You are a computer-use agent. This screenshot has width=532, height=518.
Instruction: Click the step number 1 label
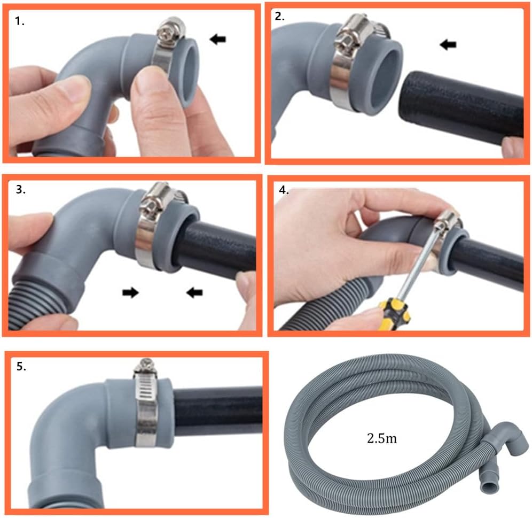coord(20,21)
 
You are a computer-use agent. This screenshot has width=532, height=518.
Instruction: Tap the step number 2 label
coord(279,16)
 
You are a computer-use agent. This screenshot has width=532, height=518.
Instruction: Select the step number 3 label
coord(20,189)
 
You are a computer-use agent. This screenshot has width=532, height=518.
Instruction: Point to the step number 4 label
coord(284,190)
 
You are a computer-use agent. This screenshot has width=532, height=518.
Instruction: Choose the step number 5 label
coord(21,367)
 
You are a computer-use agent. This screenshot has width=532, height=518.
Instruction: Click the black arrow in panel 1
coord(217,39)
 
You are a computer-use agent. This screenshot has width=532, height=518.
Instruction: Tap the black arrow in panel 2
coord(448,44)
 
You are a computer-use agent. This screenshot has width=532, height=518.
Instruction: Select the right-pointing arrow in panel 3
coord(131,292)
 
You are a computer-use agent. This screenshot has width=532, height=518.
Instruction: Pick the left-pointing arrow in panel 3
coord(194,292)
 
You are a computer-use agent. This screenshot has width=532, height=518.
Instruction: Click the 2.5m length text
coord(382,438)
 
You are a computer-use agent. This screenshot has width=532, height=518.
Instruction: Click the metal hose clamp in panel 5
coord(146,404)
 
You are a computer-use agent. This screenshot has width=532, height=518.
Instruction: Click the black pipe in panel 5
coord(218,411)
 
